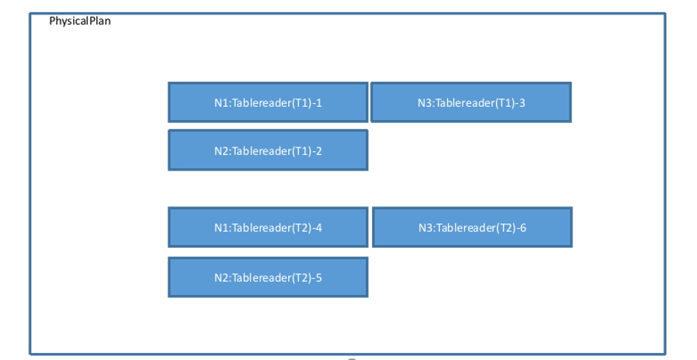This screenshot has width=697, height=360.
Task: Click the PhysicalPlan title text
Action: (79, 21)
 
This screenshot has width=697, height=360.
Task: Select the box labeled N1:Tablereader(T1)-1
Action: (267, 102)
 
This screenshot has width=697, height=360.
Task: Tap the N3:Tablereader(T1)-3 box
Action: (471, 102)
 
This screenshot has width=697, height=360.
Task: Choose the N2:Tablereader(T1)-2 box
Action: (267, 151)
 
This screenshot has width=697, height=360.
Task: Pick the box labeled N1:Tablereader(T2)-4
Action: (267, 227)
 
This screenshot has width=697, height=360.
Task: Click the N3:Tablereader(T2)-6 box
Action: (472, 227)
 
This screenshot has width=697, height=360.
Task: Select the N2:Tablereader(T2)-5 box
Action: (267, 277)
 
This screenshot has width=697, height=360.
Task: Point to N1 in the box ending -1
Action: (221, 102)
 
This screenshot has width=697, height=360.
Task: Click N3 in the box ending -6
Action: (426, 227)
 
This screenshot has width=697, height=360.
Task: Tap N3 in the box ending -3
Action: (425, 102)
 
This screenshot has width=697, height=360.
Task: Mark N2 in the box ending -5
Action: (221, 277)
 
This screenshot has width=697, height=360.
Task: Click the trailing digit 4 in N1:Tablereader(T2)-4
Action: (319, 227)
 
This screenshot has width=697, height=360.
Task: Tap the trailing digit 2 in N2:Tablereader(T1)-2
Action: (319, 151)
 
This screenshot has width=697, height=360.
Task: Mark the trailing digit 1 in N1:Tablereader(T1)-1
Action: (319, 102)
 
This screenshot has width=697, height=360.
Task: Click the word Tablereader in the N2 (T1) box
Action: (259, 151)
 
